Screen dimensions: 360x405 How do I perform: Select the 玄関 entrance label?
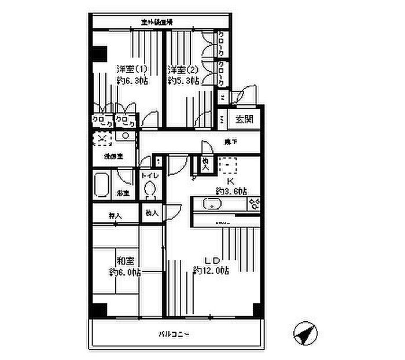(243, 120)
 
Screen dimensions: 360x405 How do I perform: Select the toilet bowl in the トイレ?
(150, 189)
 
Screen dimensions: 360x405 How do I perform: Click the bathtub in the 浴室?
(103, 185)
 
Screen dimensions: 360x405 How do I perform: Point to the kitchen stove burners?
(254, 203)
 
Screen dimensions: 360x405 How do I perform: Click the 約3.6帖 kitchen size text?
(232, 190)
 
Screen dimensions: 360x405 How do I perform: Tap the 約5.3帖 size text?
(183, 81)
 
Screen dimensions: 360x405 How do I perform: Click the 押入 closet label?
(115, 215)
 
